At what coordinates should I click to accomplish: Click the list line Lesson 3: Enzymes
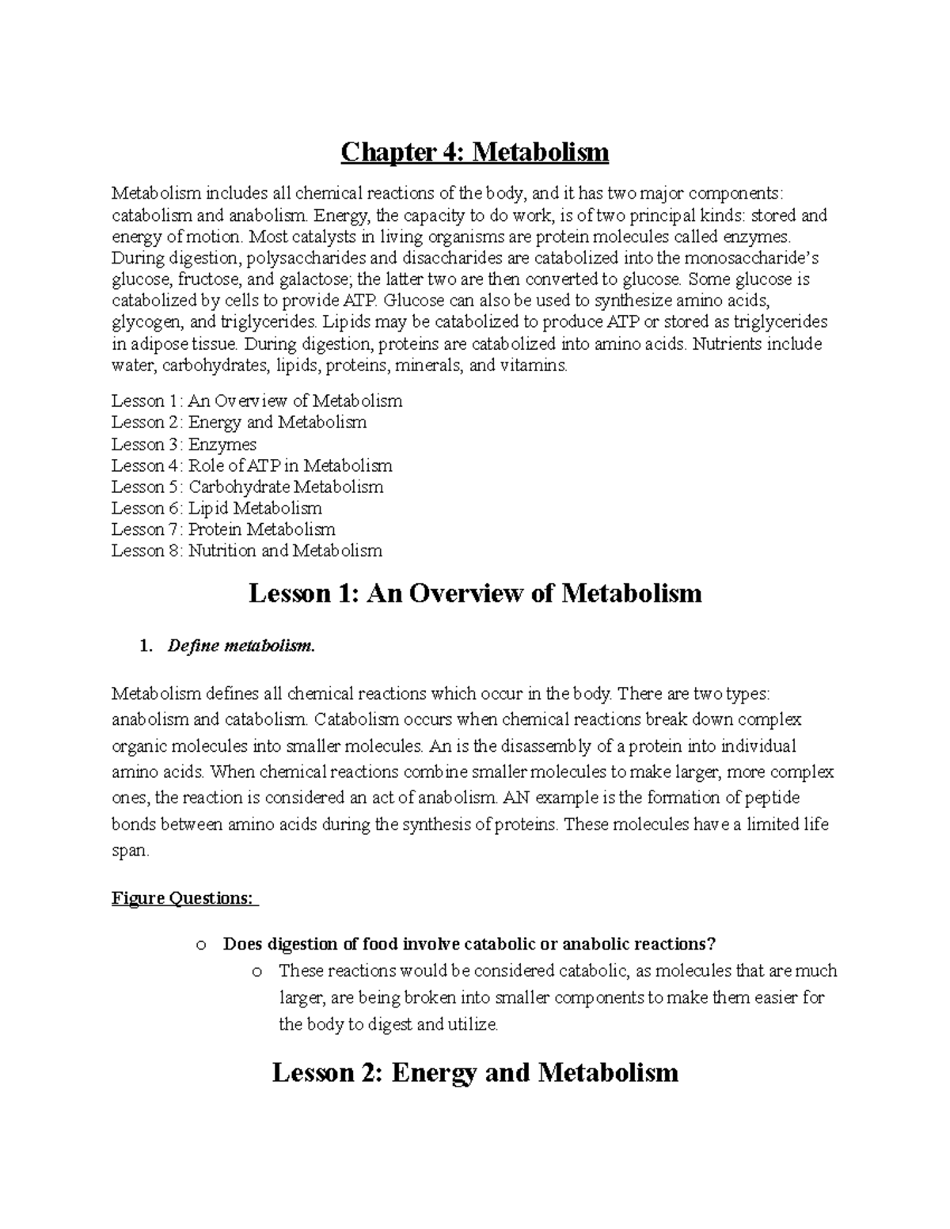coord(184,444)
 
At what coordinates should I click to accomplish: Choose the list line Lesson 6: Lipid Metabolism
coord(216,508)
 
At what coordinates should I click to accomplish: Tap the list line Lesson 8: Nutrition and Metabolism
coord(246,551)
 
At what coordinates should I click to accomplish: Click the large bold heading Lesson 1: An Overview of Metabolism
coord(475,593)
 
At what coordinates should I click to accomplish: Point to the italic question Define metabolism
coord(241,647)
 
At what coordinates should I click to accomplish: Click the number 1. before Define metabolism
coord(144,647)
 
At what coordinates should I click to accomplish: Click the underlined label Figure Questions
coord(184,898)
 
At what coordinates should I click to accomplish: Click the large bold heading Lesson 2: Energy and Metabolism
coord(475,1072)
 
